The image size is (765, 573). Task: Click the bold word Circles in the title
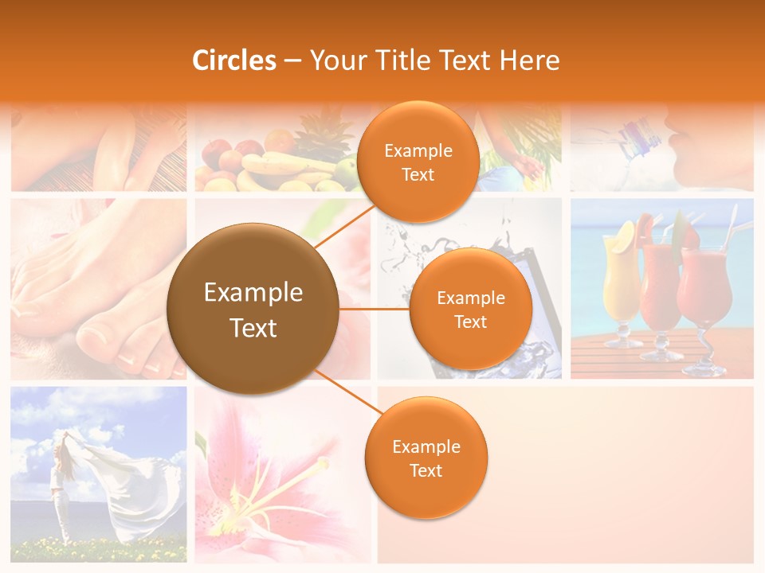pos(234,60)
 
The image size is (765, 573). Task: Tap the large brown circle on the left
pos(253,309)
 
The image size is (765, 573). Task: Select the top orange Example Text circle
pos(418,162)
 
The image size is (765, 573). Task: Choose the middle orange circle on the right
pos(470,309)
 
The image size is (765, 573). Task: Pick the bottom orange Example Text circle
pos(426,458)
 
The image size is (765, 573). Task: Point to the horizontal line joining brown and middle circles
pos(375,309)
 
